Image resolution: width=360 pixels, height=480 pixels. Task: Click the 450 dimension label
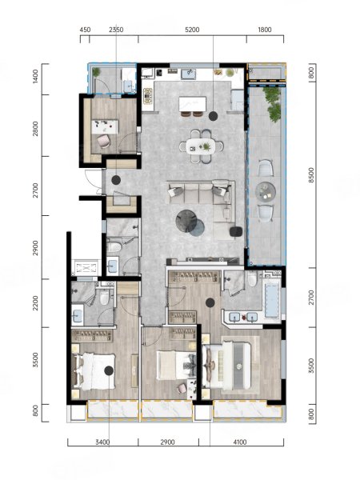tap(85, 30)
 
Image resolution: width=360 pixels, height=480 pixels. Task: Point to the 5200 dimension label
tap(192, 30)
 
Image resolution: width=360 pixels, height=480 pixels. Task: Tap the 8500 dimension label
tap(311, 175)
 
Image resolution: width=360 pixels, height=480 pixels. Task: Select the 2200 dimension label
tap(35, 302)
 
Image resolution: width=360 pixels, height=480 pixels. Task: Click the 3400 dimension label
tap(102, 442)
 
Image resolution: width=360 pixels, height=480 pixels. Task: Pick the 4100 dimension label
tap(240, 442)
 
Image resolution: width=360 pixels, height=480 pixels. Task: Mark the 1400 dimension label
tap(35, 77)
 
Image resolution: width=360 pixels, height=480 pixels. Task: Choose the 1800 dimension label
tap(265, 30)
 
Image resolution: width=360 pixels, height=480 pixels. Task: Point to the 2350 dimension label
tap(116, 30)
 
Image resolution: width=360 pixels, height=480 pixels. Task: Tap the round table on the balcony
tap(266, 192)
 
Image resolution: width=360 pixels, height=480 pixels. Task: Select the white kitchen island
tap(193, 104)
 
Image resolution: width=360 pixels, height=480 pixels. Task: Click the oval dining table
tap(201, 146)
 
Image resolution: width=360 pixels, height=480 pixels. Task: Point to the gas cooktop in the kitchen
tap(148, 96)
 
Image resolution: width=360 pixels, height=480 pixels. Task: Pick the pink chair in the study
tap(104, 141)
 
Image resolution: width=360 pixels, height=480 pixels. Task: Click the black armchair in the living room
tap(236, 231)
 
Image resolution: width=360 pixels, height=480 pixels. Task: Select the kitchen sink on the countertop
tap(189, 74)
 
